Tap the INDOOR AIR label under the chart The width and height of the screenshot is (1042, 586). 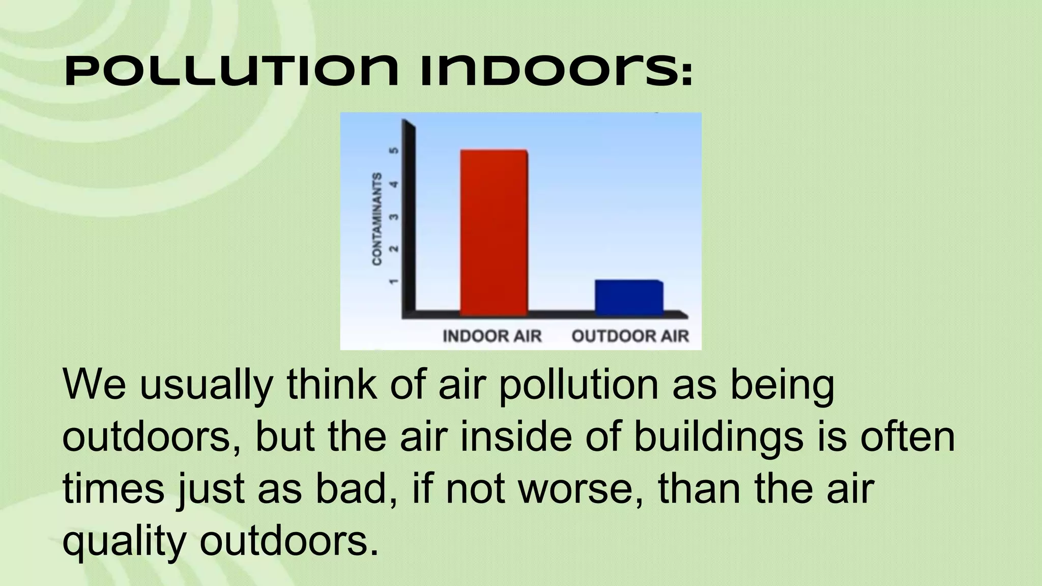point(492,336)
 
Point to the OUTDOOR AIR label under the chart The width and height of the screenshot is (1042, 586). point(630,336)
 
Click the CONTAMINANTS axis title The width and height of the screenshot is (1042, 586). point(377,219)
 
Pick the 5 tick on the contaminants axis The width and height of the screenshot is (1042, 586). point(393,151)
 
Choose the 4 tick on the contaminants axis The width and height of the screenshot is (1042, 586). point(393,184)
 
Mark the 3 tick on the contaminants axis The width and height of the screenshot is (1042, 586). point(393,217)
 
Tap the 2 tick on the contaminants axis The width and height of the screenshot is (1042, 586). point(393,249)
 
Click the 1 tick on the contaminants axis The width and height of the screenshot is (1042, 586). point(393,281)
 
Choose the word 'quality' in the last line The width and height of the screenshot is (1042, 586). point(124,542)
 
